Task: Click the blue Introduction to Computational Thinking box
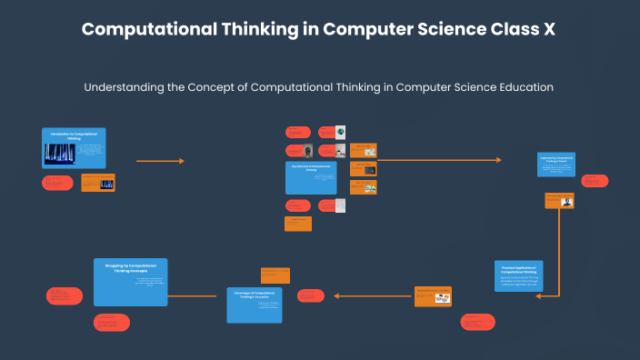pos(74,147)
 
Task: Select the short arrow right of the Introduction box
pos(160,161)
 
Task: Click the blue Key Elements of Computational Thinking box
pos(312,178)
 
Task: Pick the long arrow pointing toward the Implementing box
pos(439,161)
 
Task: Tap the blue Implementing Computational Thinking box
pos(556,164)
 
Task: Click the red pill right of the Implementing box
pos(595,182)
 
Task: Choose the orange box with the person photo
pos(559,201)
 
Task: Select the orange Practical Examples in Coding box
pos(434,295)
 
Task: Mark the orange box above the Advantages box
pos(275,274)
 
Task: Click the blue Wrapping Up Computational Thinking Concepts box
pos(131,281)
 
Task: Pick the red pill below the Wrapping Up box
pos(111,322)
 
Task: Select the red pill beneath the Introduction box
pos(57,184)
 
